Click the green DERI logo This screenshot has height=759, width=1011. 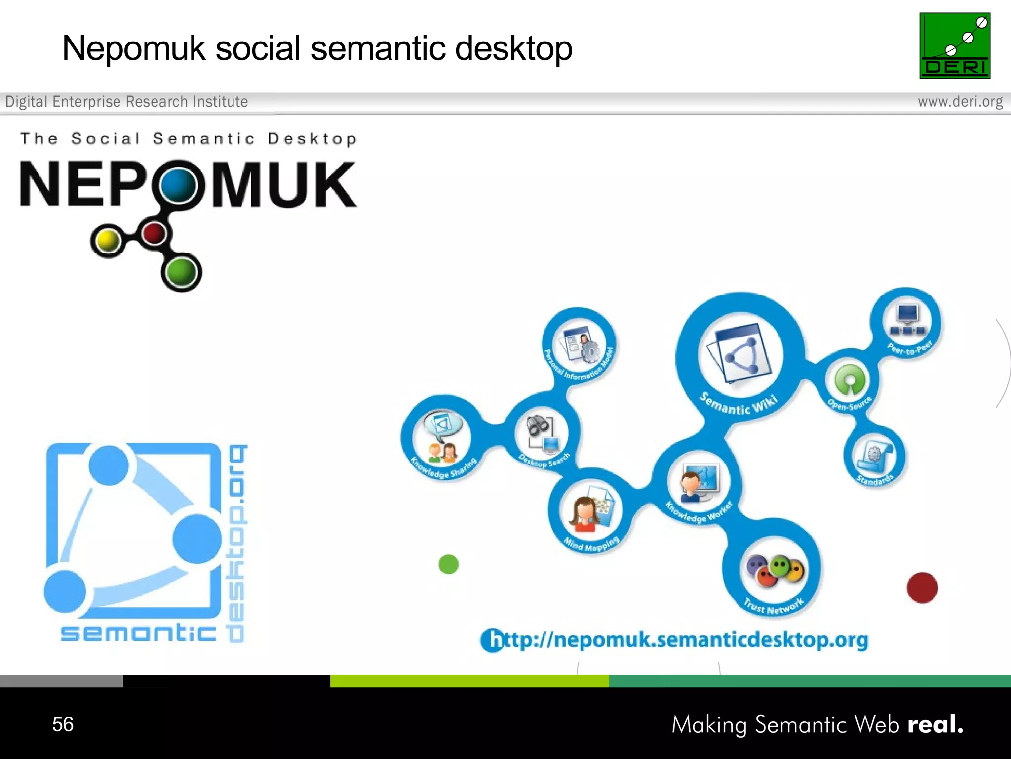tap(954, 45)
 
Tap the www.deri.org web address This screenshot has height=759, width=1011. tap(960, 102)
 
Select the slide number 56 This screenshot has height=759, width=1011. tap(63, 724)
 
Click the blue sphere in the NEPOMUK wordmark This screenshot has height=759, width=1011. tap(179, 184)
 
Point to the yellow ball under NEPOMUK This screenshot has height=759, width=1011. tap(108, 241)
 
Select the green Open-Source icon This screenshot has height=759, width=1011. tap(850, 379)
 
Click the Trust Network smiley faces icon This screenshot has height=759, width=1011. tap(775, 571)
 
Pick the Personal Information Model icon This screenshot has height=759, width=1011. tap(578, 344)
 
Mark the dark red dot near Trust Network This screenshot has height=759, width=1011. tap(922, 588)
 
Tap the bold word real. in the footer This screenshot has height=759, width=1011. tap(935, 724)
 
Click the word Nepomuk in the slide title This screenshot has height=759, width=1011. tap(133, 48)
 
